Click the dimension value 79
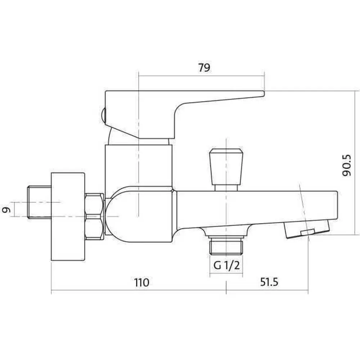point(204,68)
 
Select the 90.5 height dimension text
point(346,165)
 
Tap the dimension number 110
point(141,282)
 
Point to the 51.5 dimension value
point(269,282)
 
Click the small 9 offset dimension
point(8,210)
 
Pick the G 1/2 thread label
point(226,265)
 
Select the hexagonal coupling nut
point(94,217)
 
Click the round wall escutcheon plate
point(68,216)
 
